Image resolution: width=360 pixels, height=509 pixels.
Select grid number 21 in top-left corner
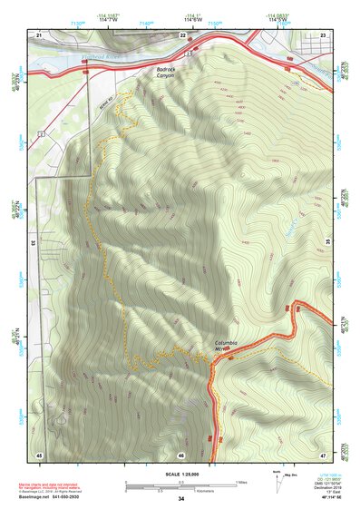point(39,34)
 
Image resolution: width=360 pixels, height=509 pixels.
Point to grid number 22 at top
point(182,34)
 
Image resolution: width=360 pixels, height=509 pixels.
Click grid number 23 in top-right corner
point(323,34)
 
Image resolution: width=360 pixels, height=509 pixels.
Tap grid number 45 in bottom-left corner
point(39,453)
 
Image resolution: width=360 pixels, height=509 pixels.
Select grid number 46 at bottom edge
point(181,455)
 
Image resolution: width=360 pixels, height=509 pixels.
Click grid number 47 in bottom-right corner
point(323,453)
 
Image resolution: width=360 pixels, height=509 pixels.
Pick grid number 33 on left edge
point(33,243)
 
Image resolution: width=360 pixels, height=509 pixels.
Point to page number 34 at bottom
point(180,499)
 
